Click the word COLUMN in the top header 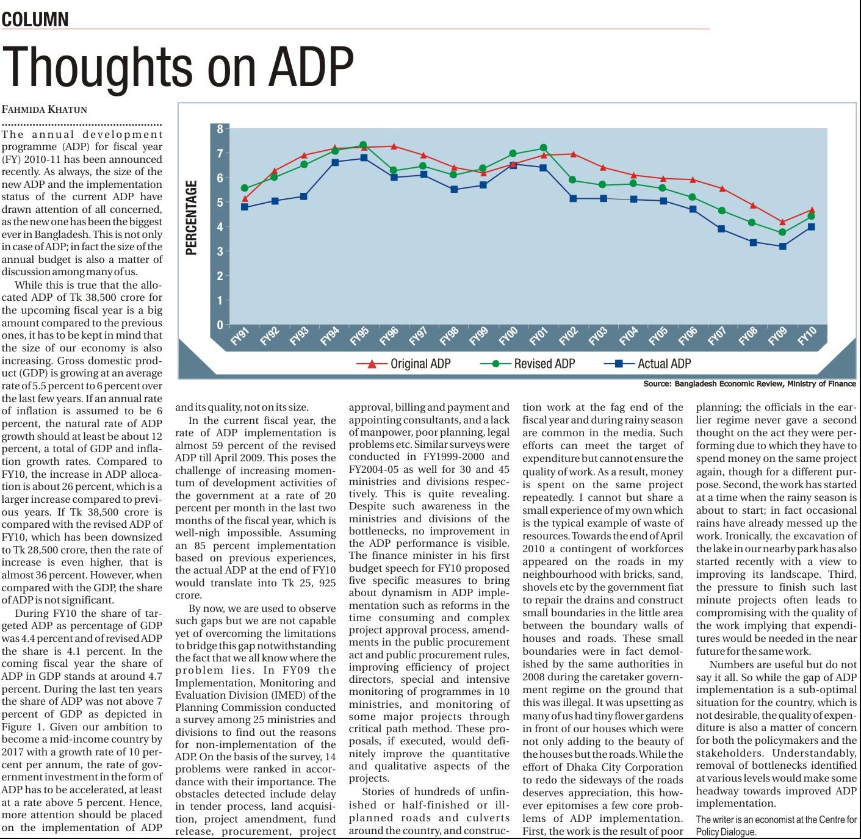tap(35, 20)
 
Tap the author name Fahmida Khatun tap(45, 110)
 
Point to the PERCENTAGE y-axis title tap(192, 218)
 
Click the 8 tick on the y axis tap(220, 129)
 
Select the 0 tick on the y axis tap(220, 325)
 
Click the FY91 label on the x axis tap(239, 337)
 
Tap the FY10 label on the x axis tap(807, 337)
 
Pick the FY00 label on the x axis tap(508, 337)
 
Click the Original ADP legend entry tap(420, 364)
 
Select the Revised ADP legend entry tap(544, 364)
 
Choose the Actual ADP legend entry tap(664, 364)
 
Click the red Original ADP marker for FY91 tap(245, 199)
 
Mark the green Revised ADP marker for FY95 tap(363, 145)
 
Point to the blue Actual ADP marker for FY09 tap(782, 247)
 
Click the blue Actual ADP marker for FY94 tap(334, 162)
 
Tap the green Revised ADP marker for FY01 tap(544, 148)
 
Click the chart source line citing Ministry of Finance tap(749, 384)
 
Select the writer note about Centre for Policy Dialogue tap(776, 826)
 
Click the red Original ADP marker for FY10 tap(812, 210)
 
